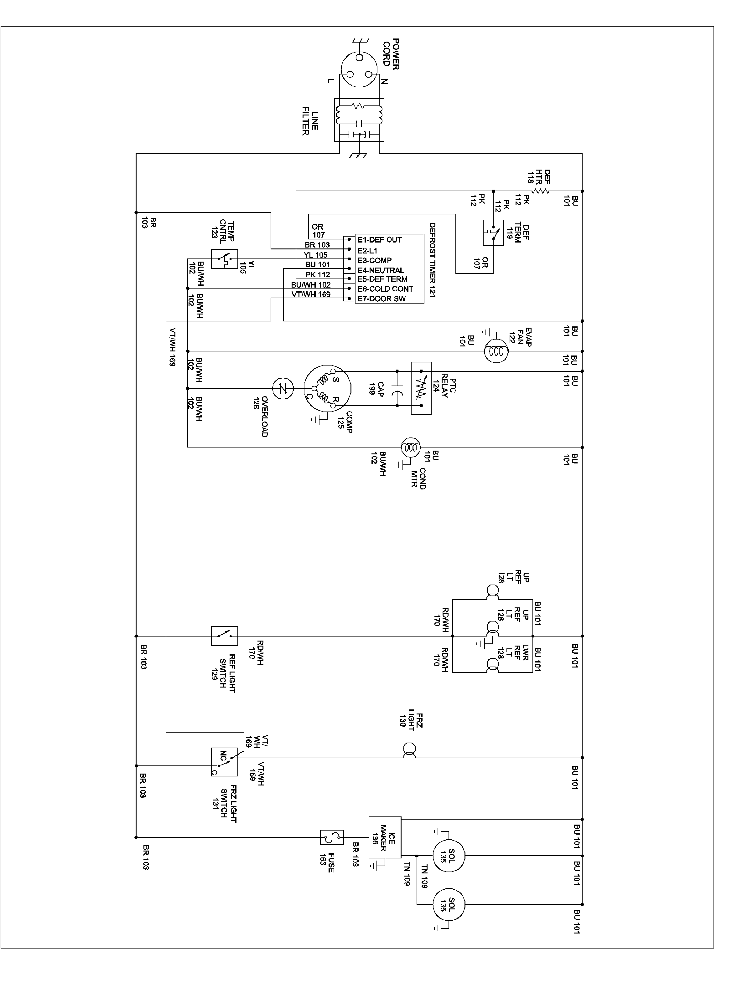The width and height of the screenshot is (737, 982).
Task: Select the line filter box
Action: pyautogui.click(x=359, y=120)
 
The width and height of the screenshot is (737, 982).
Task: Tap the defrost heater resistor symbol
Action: pyautogui.click(x=541, y=191)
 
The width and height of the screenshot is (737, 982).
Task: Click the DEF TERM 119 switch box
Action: pyautogui.click(x=493, y=233)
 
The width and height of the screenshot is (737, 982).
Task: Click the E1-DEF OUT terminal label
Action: pyautogui.click(x=379, y=240)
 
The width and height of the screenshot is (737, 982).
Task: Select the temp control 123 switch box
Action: pyautogui.click(x=224, y=259)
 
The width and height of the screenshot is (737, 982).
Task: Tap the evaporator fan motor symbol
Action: pyautogui.click(x=495, y=351)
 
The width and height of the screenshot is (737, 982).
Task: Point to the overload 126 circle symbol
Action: pyautogui.click(x=283, y=389)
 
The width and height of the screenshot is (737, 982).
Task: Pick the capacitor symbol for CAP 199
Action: pyautogui.click(x=397, y=389)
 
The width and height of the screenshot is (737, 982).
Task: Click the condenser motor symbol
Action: pyautogui.click(x=411, y=448)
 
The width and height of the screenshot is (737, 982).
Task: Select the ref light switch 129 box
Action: pyautogui.click(x=224, y=636)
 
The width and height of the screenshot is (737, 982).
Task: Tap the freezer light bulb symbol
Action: pyautogui.click(x=409, y=751)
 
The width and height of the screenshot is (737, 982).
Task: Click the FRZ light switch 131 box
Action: pyautogui.click(x=224, y=762)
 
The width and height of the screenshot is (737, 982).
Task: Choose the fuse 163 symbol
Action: pyautogui.click(x=332, y=837)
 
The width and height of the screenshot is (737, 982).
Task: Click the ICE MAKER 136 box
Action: pyautogui.click(x=385, y=837)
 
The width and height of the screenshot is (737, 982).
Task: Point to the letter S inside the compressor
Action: pyautogui.click(x=336, y=380)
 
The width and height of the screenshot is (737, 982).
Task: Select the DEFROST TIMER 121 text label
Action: pyautogui.click(x=432, y=260)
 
